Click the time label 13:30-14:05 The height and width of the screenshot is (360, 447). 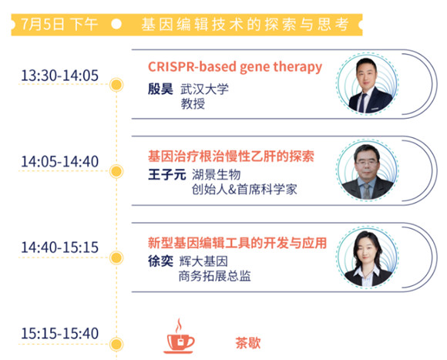(59, 76)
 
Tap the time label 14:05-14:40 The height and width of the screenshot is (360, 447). (59, 162)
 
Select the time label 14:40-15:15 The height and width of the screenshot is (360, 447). (59, 247)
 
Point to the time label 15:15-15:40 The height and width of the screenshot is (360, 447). (59, 334)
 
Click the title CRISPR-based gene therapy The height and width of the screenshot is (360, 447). (235, 67)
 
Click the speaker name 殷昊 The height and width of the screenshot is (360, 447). (160, 89)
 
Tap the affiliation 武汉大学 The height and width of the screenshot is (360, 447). (204, 89)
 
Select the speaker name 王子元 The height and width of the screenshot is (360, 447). (166, 174)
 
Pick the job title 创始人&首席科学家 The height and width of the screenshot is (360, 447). (244, 190)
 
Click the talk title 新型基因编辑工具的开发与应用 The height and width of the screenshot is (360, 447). (237, 243)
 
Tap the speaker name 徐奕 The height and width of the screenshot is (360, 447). (160, 261)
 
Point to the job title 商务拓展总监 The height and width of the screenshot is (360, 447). (214, 276)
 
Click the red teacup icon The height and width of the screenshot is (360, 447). (179, 336)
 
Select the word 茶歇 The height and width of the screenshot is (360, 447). (247, 342)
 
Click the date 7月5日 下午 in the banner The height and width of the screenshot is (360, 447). (59, 25)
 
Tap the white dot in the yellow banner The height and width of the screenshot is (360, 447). (116, 25)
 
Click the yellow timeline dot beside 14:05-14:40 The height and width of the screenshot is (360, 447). (116, 171)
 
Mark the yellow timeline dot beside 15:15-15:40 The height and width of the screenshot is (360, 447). (116, 344)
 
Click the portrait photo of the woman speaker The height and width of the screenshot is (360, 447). (367, 258)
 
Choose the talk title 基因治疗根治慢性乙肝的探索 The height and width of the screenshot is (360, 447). (231, 156)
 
